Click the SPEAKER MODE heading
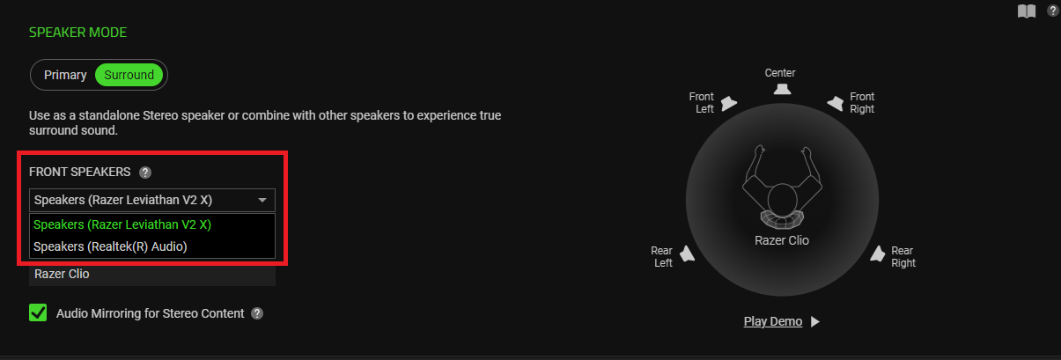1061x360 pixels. coord(77,33)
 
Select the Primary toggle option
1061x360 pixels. coord(65,75)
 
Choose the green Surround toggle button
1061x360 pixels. coord(129,75)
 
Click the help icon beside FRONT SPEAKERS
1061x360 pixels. coord(145,173)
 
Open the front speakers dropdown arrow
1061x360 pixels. coord(262,201)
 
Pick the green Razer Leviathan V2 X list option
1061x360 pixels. coord(122,224)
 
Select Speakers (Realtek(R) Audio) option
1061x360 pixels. coord(110,246)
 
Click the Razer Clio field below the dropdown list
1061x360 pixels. coord(152,274)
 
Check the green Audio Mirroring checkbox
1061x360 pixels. coord(38,312)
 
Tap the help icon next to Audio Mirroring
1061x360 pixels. coord(257,313)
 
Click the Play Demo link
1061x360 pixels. coord(773,321)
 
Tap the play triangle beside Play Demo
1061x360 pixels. coord(814,321)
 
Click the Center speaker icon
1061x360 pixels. coord(782,89)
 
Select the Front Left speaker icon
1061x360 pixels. coord(728,103)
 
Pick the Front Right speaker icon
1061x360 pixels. coord(836,103)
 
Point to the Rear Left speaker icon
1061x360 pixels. coord(688,253)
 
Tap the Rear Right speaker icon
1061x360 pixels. coord(878,253)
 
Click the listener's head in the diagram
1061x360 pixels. coord(782,200)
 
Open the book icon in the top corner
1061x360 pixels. coord(1027,11)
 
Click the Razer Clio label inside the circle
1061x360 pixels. coord(782,240)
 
